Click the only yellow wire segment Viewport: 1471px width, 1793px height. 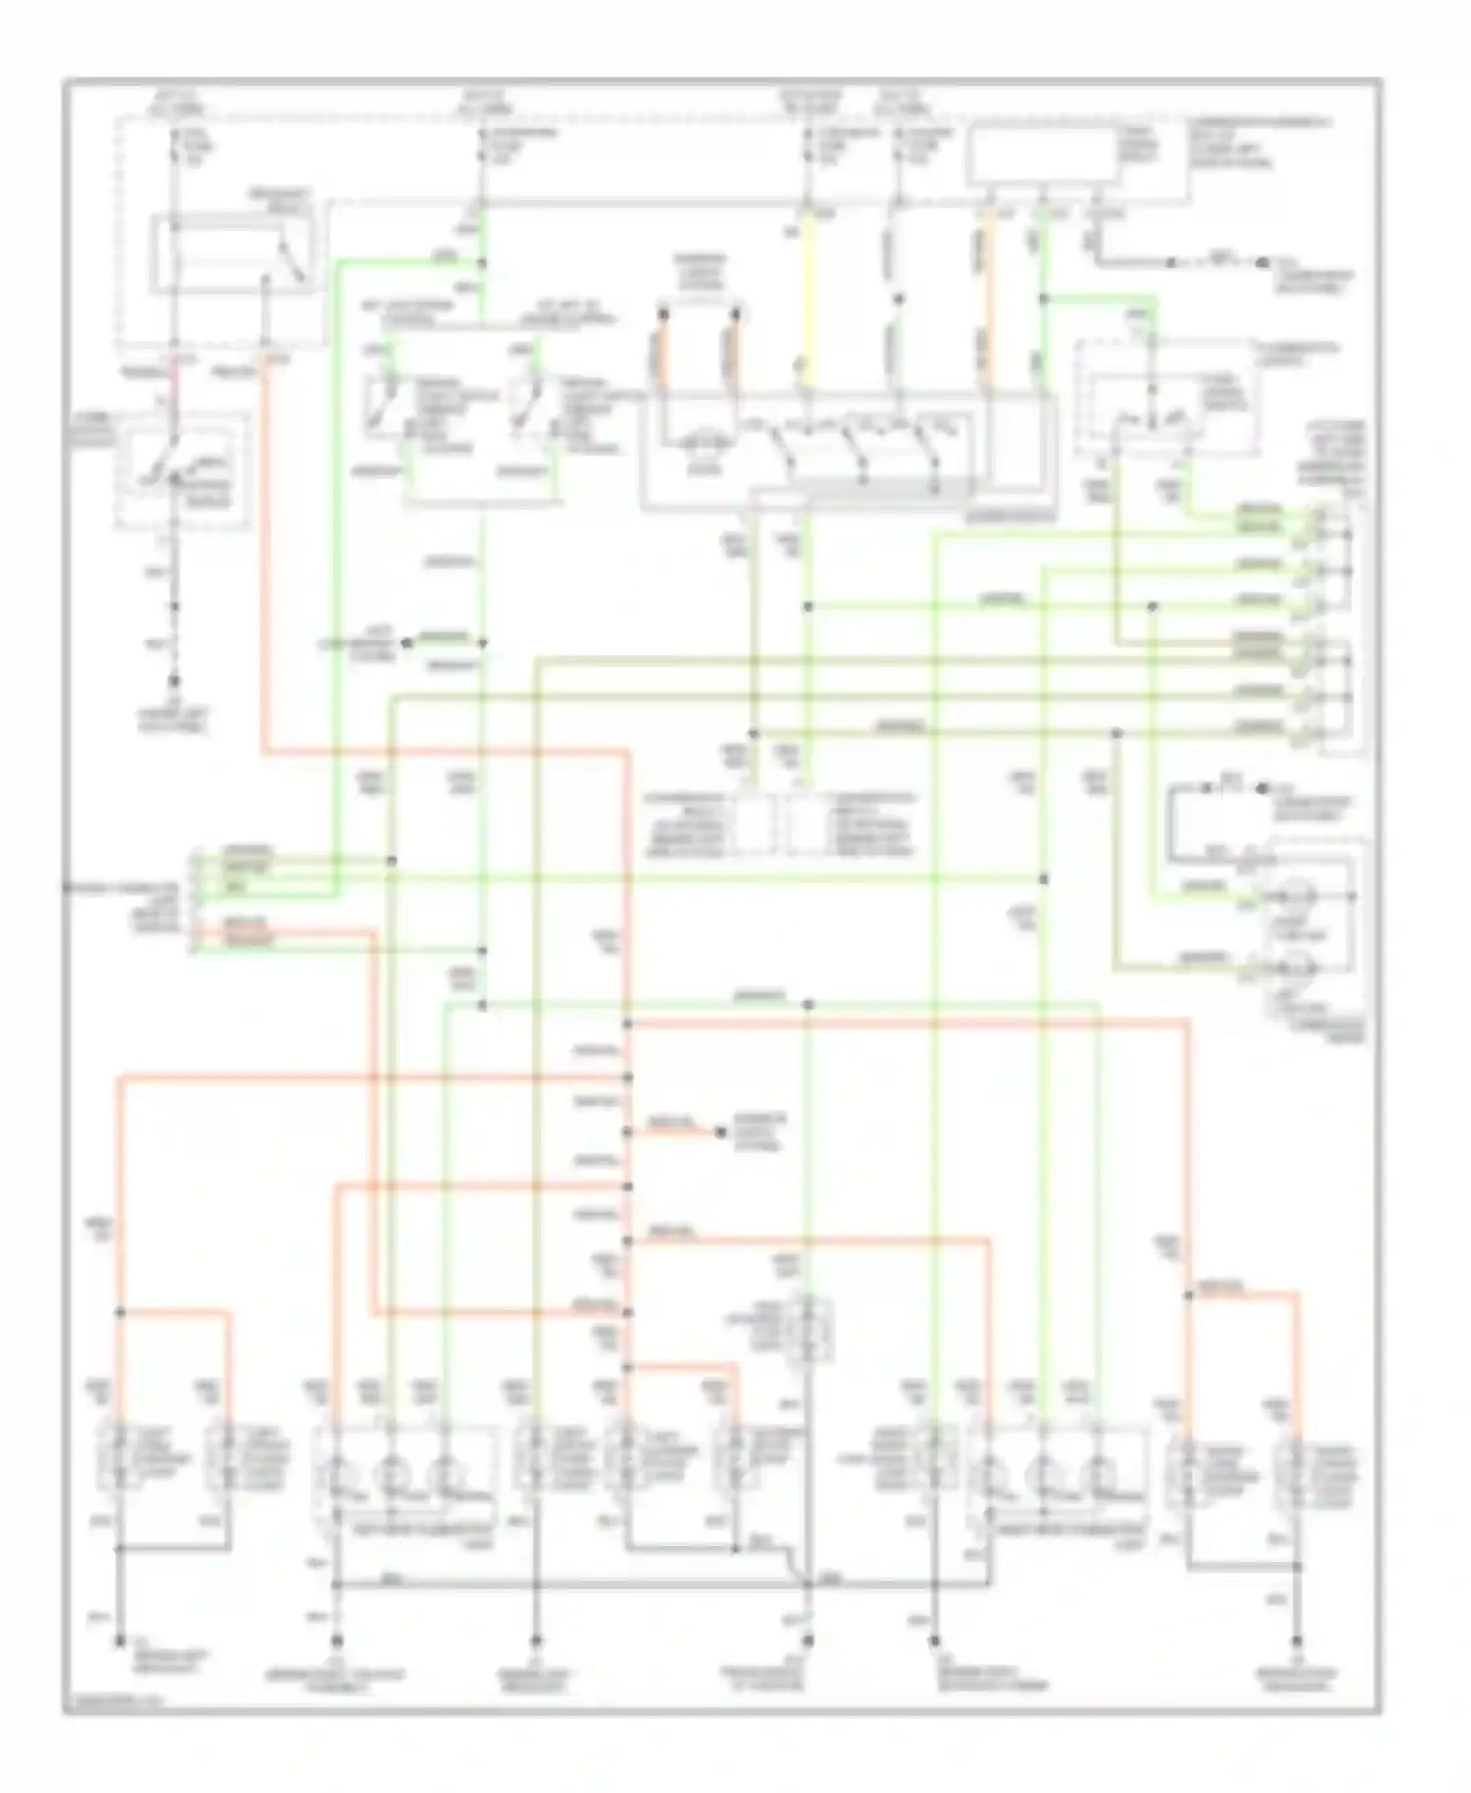pyautogui.click(x=807, y=294)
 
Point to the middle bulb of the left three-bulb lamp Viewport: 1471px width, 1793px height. pyautogui.click(x=391, y=1474)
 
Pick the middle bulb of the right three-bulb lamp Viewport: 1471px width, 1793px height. pyautogui.click(x=1043, y=1474)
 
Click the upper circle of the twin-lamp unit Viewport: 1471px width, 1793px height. pyautogui.click(x=1296, y=896)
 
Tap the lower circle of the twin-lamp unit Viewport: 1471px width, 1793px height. pyautogui.click(x=1296, y=967)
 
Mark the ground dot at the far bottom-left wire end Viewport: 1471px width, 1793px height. pyautogui.click(x=120, y=1639)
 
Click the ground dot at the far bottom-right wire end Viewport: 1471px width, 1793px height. pyautogui.click(x=1297, y=1639)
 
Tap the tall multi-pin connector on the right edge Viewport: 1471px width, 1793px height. pyautogui.click(x=1338, y=628)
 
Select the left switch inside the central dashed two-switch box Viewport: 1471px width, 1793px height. pyautogui.click(x=380, y=410)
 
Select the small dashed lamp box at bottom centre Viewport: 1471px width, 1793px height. pyautogui.click(x=808, y=1328)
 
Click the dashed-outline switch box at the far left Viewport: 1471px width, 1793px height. pyautogui.click(x=181, y=469)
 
